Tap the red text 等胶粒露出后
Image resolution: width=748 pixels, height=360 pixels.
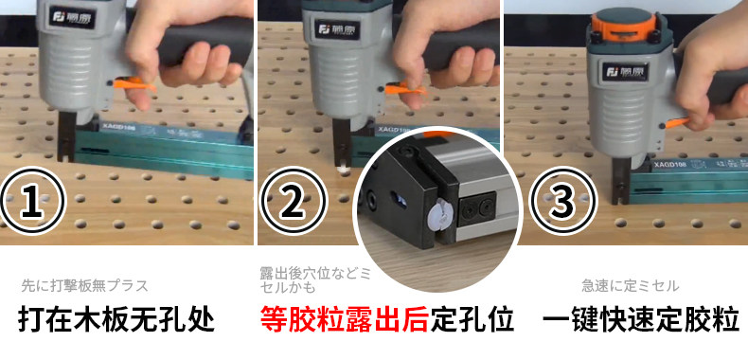coord(345,320)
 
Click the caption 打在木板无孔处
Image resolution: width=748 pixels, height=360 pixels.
coord(116,320)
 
